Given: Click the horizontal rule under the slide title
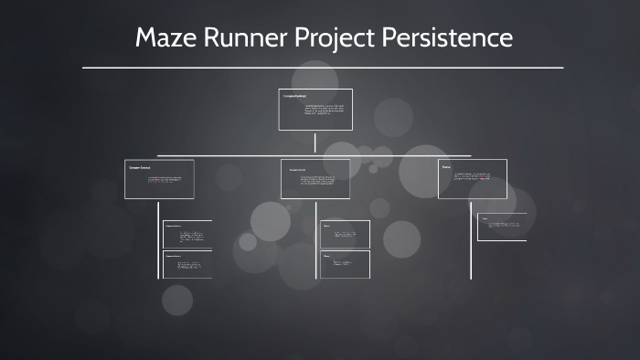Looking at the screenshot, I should click(x=322, y=68).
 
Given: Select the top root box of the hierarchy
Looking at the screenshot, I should click(x=315, y=110).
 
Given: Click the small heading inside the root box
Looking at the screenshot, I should click(x=294, y=95).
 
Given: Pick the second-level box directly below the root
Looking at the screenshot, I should click(x=315, y=179).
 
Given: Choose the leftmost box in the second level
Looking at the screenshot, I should click(x=159, y=179).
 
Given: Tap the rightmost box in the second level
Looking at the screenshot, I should click(x=473, y=179).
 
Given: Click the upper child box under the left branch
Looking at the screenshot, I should click(x=187, y=234).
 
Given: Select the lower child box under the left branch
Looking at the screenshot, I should click(x=187, y=265).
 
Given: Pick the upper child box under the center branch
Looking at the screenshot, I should click(x=345, y=234).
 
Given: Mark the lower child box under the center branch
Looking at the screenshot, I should click(x=345, y=264).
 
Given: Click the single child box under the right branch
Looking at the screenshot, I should click(x=502, y=227).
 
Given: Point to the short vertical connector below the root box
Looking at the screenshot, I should click(x=315, y=143).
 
